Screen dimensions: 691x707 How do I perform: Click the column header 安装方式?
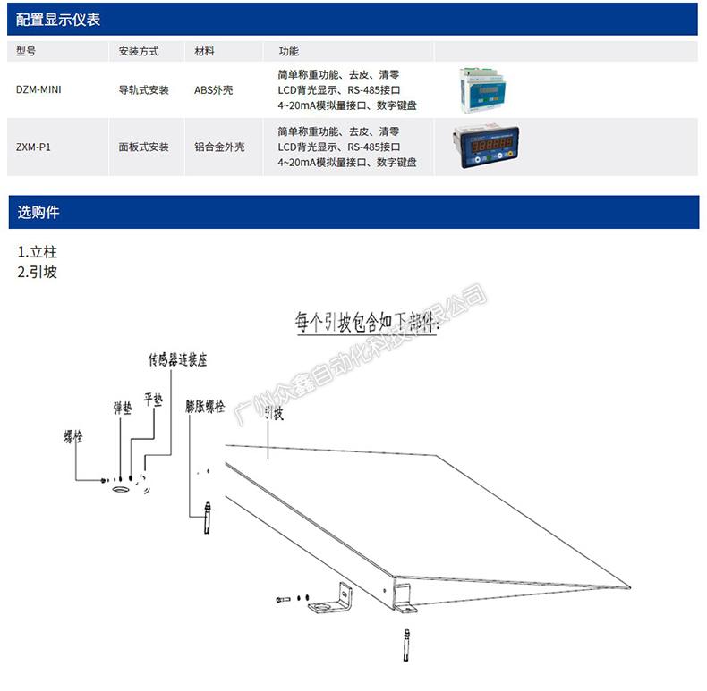138,52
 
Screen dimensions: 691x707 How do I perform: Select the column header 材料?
204,52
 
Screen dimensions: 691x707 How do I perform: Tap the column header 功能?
288,52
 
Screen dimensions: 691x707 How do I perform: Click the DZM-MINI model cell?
38,90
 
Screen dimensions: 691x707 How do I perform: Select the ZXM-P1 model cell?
34,147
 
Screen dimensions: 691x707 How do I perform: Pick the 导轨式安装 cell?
143,90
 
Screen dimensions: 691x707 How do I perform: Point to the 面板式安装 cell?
143,147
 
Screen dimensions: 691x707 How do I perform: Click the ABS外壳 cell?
213,90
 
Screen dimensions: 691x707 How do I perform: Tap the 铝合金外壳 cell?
219,147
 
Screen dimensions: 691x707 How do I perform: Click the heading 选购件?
39,213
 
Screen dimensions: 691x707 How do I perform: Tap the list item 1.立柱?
38,253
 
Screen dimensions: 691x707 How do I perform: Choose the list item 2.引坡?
38,272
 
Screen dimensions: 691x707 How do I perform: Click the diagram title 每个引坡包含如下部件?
367,322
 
